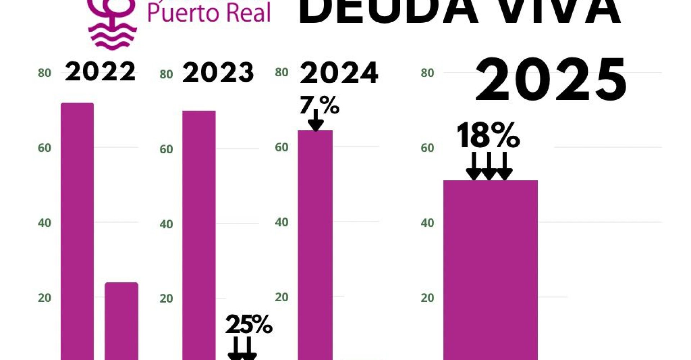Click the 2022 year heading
pyautogui.click(x=100, y=71)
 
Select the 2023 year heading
pyautogui.click(x=218, y=72)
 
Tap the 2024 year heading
pyautogui.click(x=339, y=73)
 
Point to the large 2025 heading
pyautogui.click(x=551, y=80)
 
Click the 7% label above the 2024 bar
pyautogui.click(x=319, y=105)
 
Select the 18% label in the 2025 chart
pyautogui.click(x=488, y=135)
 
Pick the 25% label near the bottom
pyautogui.click(x=249, y=325)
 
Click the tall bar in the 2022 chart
pyautogui.click(x=77, y=230)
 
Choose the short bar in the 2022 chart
pyautogui.click(x=121, y=320)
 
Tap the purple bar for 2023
pyautogui.click(x=199, y=234)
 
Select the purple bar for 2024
pyautogui.click(x=315, y=245)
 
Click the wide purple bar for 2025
pyautogui.click(x=490, y=270)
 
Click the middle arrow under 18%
pyautogui.click(x=489, y=166)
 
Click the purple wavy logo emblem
pyautogui.click(x=112, y=25)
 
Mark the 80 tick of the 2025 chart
pyautogui.click(x=427, y=73)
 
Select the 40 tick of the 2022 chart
pyautogui.click(x=44, y=223)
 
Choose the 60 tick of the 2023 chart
pyautogui.click(x=166, y=149)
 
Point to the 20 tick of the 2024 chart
pyautogui.click(x=281, y=297)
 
